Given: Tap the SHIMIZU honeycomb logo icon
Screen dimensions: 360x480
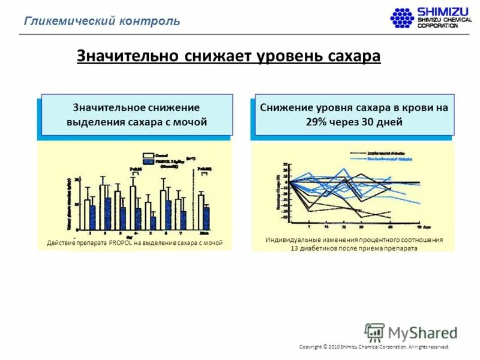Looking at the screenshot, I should coord(403,17).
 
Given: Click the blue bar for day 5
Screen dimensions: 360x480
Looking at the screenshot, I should coord(153,223).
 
